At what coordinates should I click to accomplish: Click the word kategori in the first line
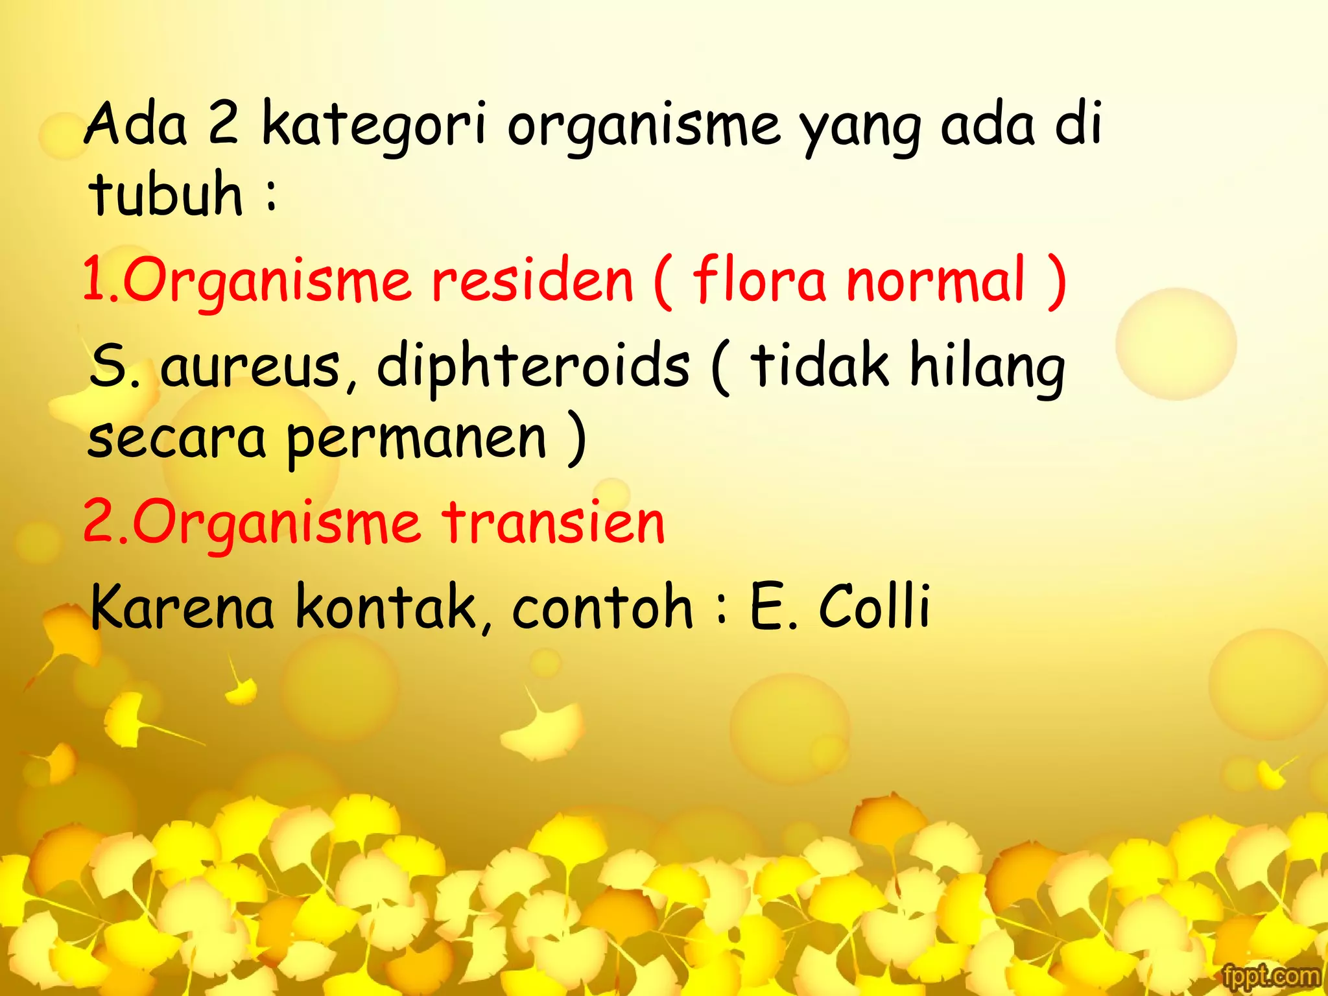tap(374, 125)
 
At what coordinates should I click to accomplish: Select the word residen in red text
tap(532, 280)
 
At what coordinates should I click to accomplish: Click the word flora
tap(759, 280)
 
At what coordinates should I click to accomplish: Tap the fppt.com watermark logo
tap(1271, 977)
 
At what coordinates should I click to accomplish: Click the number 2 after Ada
tap(222, 124)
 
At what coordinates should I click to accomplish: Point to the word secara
tap(176, 440)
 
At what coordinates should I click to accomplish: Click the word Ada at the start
tap(136, 124)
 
